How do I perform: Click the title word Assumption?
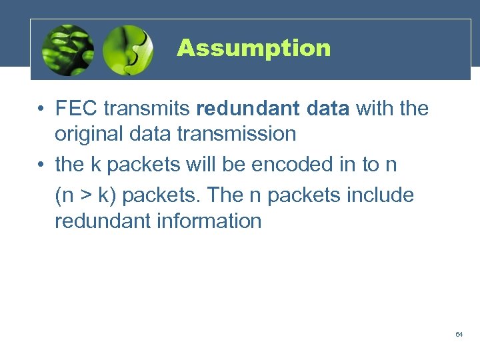click(x=253, y=48)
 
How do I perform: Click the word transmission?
click(x=237, y=133)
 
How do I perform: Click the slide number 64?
click(x=459, y=334)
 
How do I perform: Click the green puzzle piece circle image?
click(x=129, y=50)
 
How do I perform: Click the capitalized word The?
click(x=227, y=196)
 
